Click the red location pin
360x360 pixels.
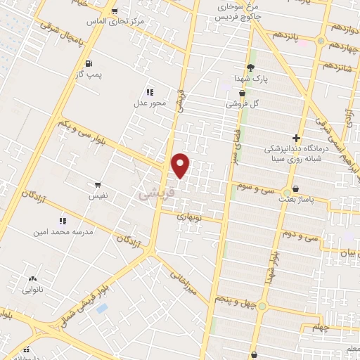coord(181,165)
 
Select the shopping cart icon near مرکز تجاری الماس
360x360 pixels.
coord(115,11)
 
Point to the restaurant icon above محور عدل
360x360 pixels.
coord(149,92)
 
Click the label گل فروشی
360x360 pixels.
coord(243,103)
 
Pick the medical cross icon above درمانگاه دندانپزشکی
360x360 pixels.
coord(296,138)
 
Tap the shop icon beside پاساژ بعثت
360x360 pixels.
coord(295,188)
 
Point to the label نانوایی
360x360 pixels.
coord(32,289)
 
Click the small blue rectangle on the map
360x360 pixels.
coord(103,308)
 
